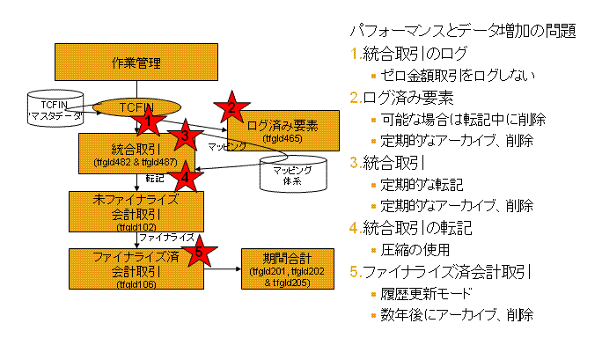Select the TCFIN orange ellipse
[x=136, y=106]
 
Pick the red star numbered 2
[x=231, y=107]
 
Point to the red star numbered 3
[x=185, y=136]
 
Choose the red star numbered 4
[x=185, y=176]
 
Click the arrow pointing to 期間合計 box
[x=223, y=268]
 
